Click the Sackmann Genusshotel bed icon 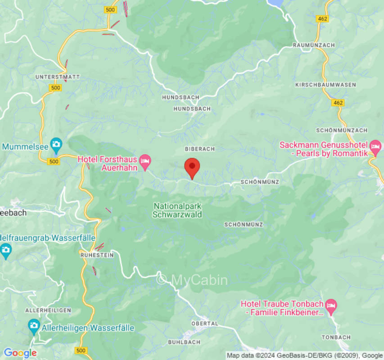[375, 146]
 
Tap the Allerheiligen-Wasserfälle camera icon [34, 325]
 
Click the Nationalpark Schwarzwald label [177, 210]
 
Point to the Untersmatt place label [58, 77]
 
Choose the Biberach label [200, 148]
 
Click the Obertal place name [205, 324]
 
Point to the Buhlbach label [184, 342]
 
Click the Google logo [20, 353]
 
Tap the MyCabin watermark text [192, 280]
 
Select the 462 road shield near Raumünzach [322, 19]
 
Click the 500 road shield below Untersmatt [55, 88]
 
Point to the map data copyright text [304, 355]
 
